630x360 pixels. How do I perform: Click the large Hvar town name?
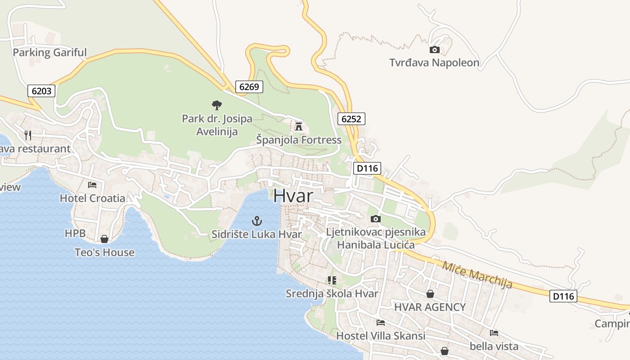[293, 196]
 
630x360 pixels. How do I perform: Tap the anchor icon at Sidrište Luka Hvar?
[256, 221]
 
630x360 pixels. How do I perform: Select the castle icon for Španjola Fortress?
[299, 126]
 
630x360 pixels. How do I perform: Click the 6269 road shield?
[249, 87]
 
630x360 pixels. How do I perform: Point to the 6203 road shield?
[41, 91]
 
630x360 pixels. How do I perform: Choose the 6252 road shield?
[351, 119]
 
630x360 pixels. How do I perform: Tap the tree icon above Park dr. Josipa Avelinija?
[217, 105]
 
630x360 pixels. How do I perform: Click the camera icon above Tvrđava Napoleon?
[435, 49]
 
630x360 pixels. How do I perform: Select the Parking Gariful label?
[49, 53]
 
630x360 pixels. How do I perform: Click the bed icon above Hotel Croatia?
[92, 184]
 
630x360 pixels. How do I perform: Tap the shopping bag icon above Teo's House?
[104, 239]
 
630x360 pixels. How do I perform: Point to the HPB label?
[75, 233]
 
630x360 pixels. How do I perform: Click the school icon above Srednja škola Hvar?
[332, 280]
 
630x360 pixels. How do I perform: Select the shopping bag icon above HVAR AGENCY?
[430, 294]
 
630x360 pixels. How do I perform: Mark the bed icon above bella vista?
[494, 333]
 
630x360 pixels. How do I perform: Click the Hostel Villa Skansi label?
[381, 336]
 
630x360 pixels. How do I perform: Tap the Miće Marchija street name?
[477, 274]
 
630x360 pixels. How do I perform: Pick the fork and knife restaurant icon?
[28, 135]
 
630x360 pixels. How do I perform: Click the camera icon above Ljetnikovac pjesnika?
[375, 219]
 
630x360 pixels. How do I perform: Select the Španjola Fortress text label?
[299, 140]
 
